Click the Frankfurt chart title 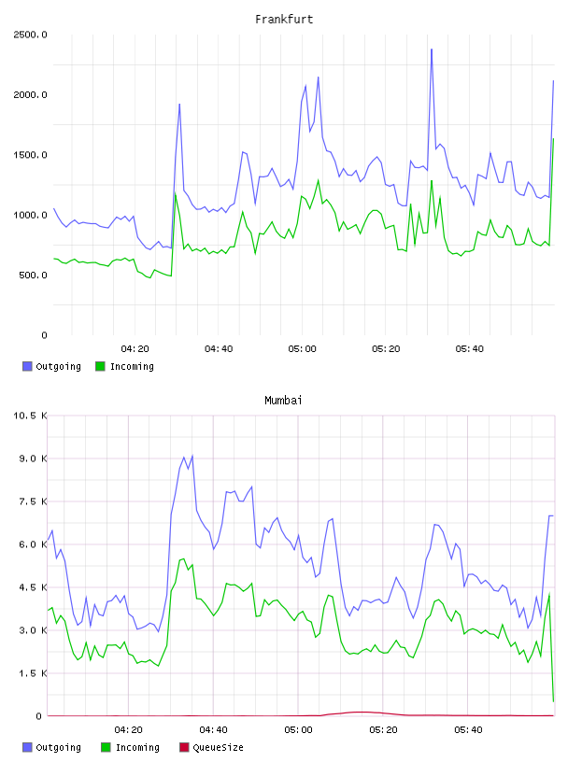point(284,20)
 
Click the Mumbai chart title point(283,401)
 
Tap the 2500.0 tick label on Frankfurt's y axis point(30,35)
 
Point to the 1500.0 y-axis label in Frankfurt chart point(30,155)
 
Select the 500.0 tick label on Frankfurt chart point(33,275)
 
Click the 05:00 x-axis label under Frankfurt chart point(302,349)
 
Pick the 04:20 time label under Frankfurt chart point(135,349)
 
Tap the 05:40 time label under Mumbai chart point(468,730)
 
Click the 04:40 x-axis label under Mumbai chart point(213,730)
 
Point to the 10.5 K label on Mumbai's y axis point(30,416)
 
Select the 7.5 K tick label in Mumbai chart point(33,501)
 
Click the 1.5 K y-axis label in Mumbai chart point(33,673)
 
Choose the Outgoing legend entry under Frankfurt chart point(51,366)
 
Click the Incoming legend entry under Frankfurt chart point(125,366)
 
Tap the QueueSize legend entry point(211,747)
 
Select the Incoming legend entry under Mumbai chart point(131,747)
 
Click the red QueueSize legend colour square point(184,747)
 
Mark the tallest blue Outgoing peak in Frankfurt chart point(432,49)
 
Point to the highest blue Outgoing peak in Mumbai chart point(192,456)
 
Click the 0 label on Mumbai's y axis point(39,716)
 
